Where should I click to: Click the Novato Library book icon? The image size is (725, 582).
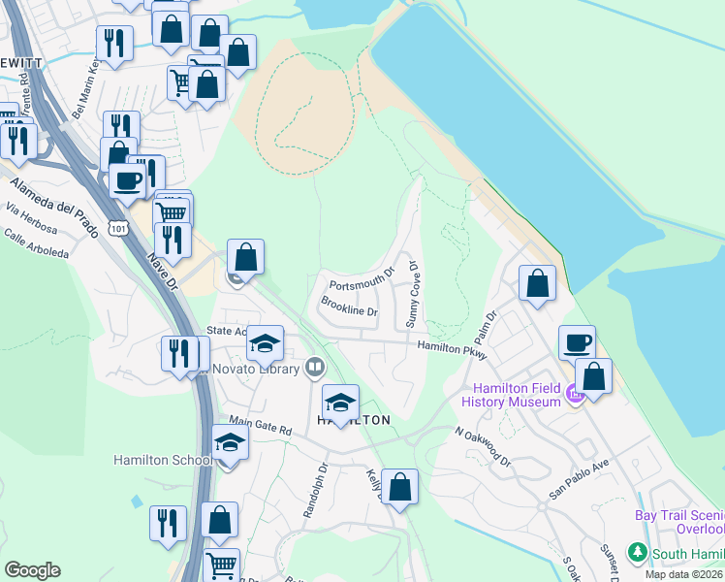[x=314, y=368]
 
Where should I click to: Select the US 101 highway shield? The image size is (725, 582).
[x=117, y=227]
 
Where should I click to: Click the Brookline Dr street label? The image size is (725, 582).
[x=348, y=306]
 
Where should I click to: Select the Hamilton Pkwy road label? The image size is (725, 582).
[x=451, y=346]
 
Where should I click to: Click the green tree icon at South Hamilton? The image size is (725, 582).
[x=637, y=553]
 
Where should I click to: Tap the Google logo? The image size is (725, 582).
[x=32, y=570]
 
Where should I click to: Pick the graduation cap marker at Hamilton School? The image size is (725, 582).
[x=229, y=442]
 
